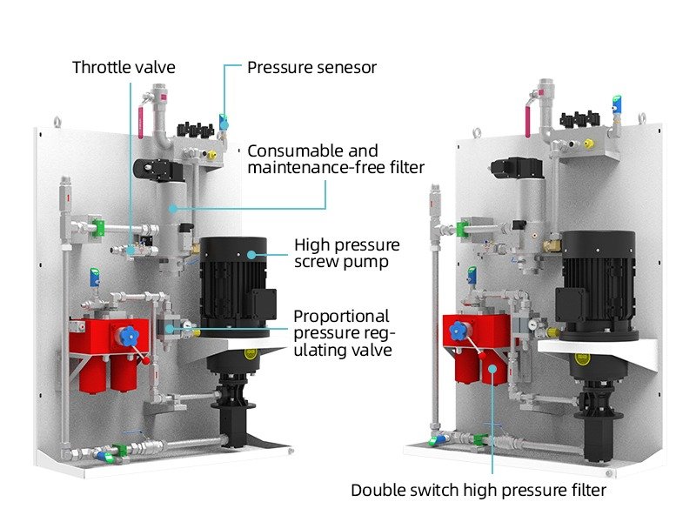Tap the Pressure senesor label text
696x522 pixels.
click(311, 67)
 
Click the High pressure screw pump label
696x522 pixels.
click(346, 253)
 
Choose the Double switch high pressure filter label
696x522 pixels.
click(478, 490)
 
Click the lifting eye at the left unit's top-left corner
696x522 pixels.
click(58, 123)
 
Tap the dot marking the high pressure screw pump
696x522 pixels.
click(252, 254)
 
